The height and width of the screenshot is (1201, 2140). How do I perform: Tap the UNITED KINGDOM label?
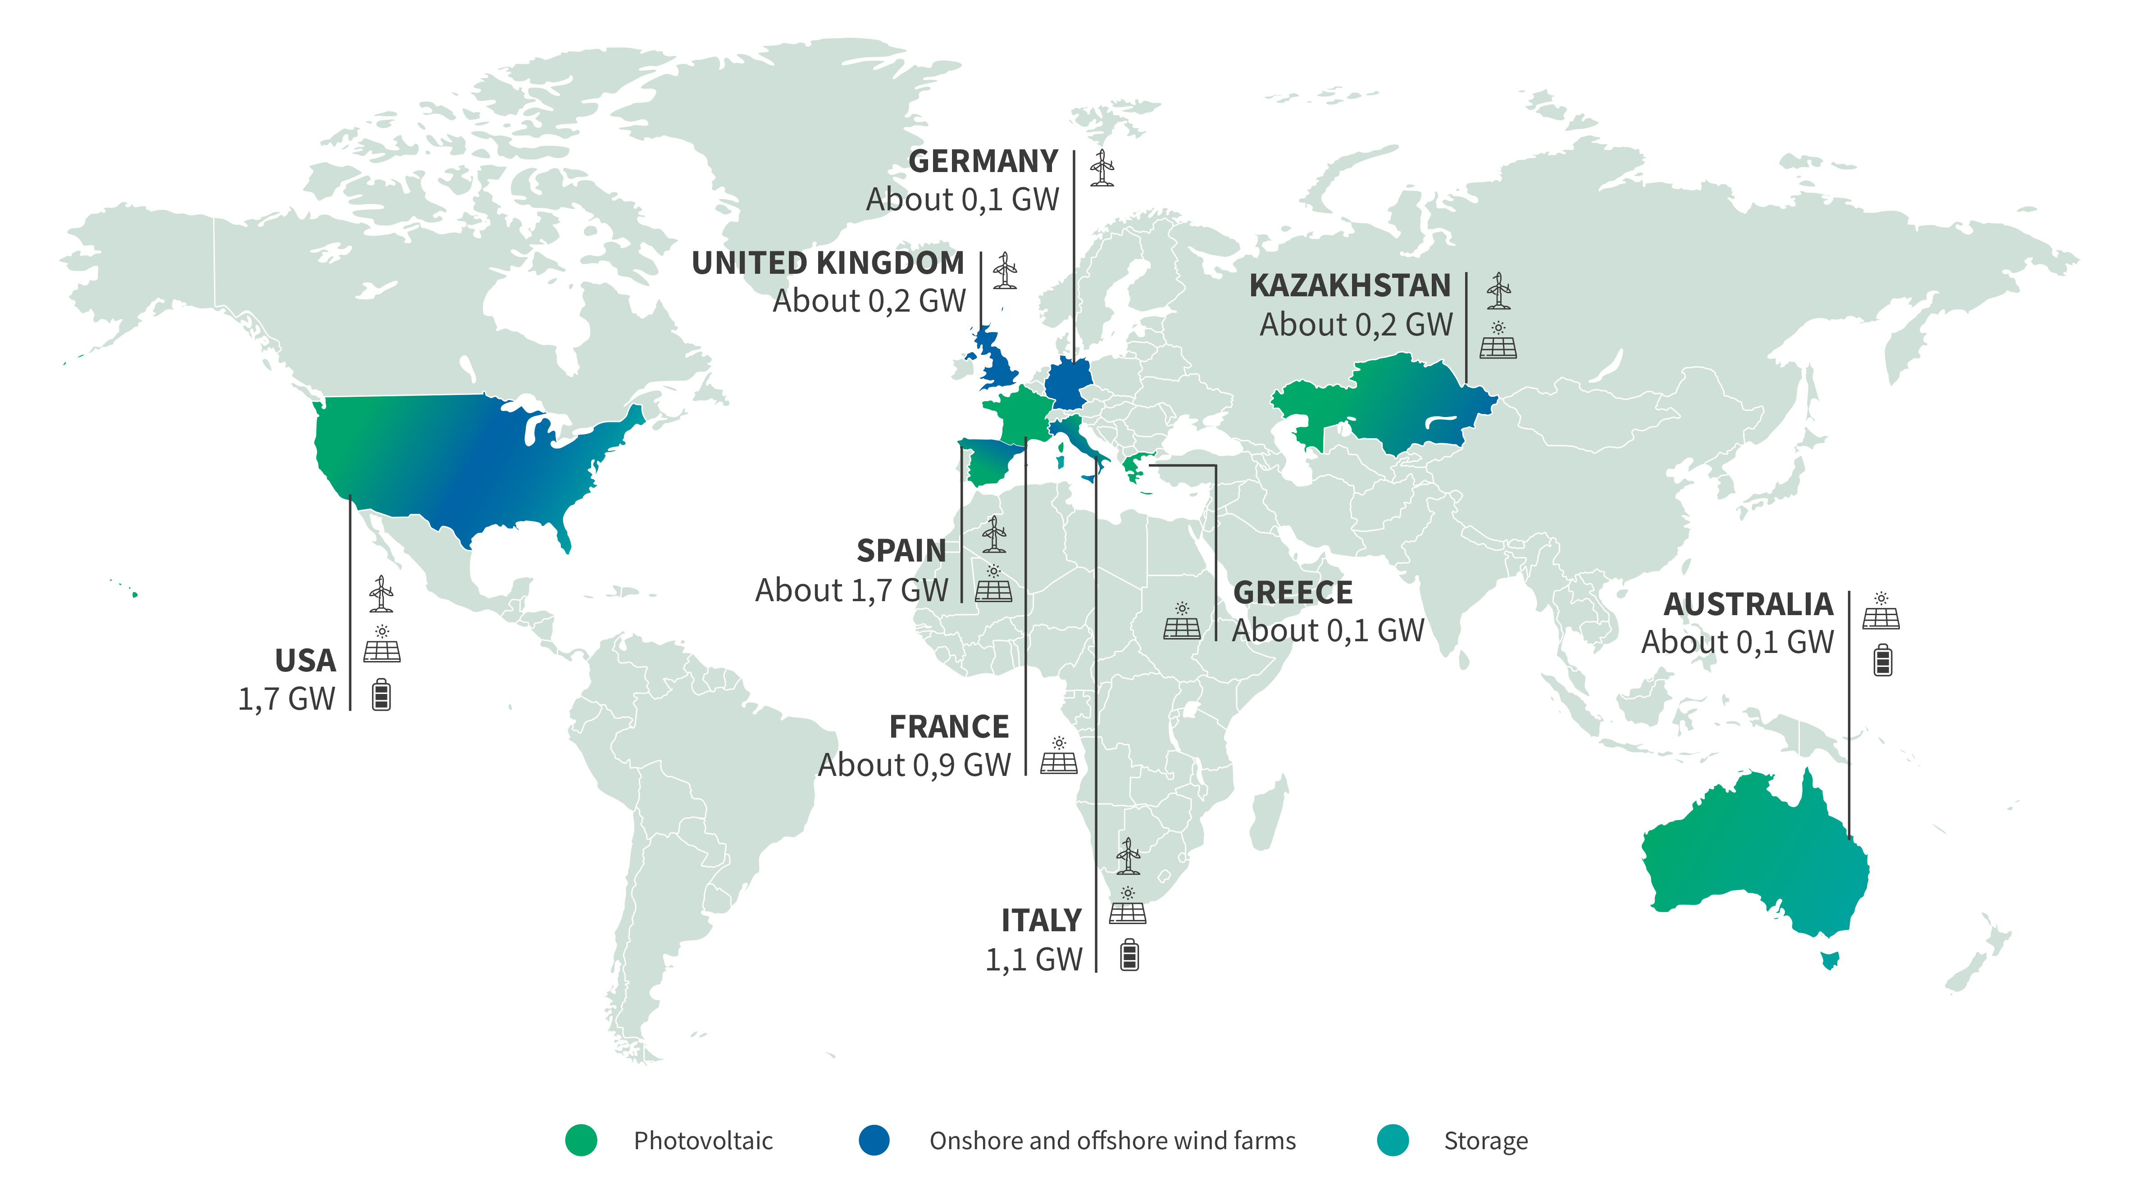coord(828,263)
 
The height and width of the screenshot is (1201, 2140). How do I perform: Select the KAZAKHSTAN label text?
coord(1350,286)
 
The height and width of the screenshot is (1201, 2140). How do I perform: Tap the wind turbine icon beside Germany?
coord(1102,168)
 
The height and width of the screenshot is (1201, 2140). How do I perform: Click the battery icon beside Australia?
coord(1882,660)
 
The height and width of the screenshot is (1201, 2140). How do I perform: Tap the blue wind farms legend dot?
coord(874,1140)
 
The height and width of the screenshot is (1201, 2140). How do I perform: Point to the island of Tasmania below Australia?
coord(1829,960)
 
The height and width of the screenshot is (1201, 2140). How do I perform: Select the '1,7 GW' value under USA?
coord(287,699)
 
